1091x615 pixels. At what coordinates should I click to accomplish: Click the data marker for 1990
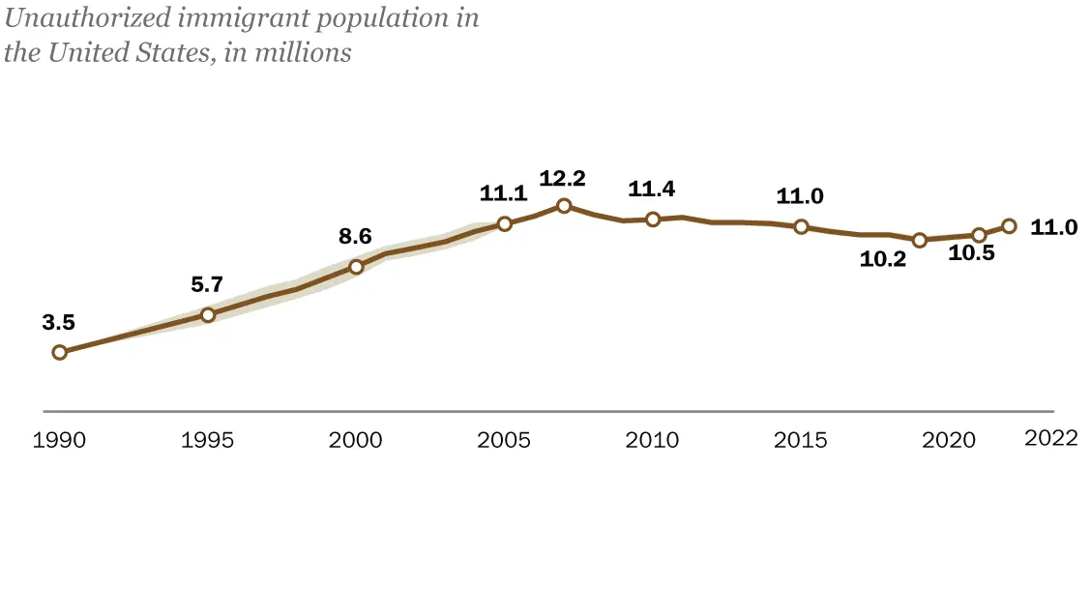59,352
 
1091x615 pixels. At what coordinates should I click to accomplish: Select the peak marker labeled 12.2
564,205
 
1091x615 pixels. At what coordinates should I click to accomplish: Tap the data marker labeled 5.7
207,314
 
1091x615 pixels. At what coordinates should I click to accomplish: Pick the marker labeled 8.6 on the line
356,267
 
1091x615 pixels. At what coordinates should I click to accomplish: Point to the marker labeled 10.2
920,240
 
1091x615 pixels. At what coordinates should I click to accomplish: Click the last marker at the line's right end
1009,225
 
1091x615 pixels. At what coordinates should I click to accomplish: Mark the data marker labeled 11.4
653,220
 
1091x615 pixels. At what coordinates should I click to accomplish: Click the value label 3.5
58,323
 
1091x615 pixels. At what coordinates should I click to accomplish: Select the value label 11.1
504,193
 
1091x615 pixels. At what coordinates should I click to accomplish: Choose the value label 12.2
564,178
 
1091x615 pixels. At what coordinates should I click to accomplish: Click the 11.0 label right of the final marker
1054,227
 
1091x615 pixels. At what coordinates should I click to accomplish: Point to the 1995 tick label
207,441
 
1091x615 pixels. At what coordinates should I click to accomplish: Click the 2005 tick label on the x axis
504,441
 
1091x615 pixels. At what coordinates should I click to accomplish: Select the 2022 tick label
1050,438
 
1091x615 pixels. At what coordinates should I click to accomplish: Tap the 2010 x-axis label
653,441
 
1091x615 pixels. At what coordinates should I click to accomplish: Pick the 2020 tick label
949,441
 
